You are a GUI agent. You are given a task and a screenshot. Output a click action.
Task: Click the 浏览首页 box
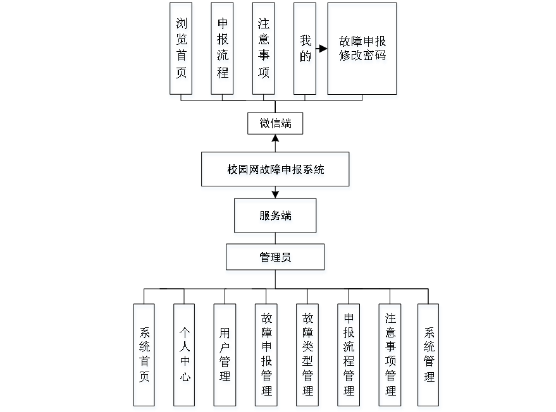pos(182,51)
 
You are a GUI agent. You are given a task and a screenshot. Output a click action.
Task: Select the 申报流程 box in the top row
pos(223,51)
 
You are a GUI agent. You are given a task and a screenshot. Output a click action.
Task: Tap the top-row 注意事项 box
pos(264,51)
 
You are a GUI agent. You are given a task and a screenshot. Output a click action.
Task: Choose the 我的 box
pos(306,51)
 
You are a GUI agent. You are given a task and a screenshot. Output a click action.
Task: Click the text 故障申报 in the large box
pos(362,42)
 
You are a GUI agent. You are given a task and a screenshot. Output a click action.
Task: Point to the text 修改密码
pos(362,56)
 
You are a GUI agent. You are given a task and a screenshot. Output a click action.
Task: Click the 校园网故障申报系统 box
pos(276,171)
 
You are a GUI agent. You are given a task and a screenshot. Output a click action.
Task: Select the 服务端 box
pos(276,217)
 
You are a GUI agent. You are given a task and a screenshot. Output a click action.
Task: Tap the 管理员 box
pos(276,258)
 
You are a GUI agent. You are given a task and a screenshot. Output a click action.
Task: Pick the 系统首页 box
pos(145,357)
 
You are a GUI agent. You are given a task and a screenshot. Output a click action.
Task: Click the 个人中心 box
pos(185,357)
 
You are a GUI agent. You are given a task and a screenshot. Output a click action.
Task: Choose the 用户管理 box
pos(225,357)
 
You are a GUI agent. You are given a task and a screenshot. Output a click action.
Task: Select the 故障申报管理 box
pos(267,357)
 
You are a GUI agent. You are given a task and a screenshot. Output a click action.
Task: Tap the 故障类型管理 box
pos(308,357)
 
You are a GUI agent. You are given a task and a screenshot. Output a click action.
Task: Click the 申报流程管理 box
pos(349,357)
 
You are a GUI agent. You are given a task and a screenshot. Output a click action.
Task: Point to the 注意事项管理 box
pos(390,357)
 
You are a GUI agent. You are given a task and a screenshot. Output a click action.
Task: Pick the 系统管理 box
pos(429,357)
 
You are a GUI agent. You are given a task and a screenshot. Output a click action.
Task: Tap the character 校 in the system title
pos(232,171)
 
